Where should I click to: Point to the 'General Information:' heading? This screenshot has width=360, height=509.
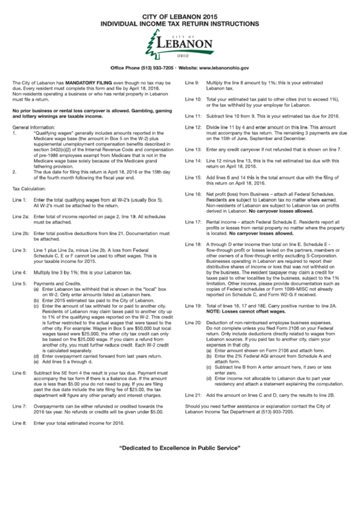point(35,127)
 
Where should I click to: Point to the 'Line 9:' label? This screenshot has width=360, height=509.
point(192,82)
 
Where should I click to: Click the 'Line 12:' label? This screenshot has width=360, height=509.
point(194,127)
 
